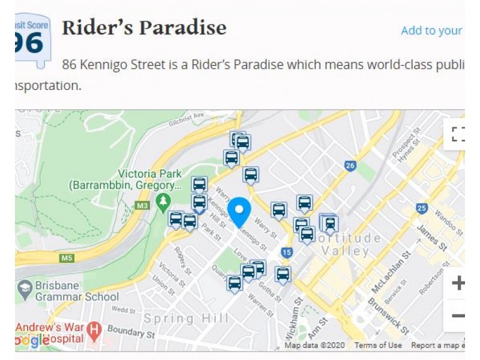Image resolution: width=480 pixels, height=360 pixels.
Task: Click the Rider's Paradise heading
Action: coord(144,28)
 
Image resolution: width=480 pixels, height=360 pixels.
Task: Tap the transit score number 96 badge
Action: coord(31,41)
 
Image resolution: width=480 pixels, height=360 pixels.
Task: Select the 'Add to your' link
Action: coord(431,31)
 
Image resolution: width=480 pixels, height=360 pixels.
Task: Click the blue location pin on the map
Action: coord(239,212)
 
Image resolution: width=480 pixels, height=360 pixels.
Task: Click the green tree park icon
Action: coord(162,202)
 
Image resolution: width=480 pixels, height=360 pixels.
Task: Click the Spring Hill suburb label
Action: coord(186,318)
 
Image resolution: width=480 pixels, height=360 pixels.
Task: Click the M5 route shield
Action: coord(67,259)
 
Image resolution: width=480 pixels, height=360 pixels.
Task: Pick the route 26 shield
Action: coord(350,166)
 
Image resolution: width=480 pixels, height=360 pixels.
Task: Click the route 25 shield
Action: coord(422,209)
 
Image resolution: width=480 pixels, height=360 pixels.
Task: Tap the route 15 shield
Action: coord(287,253)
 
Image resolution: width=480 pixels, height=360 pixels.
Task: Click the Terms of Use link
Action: coord(378,345)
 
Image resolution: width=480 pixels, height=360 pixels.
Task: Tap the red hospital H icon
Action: coord(94,329)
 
